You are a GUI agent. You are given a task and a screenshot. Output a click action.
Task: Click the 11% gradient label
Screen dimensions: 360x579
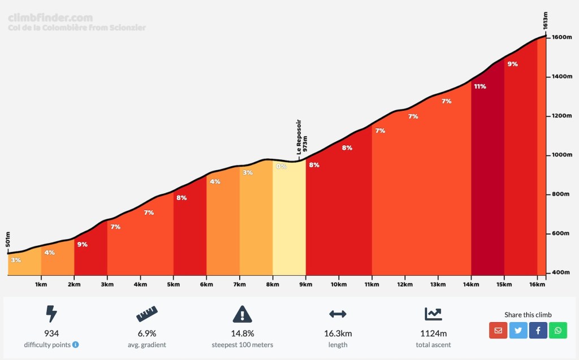coord(480,86)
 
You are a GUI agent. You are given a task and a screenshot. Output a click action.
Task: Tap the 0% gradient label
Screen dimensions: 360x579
coord(281,166)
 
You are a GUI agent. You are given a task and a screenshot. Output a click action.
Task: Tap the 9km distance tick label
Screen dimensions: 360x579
coord(306,284)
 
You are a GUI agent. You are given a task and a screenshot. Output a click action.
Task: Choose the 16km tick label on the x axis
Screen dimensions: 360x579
coord(537,284)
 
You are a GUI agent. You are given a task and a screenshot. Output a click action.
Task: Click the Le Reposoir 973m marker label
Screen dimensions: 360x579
coord(301,137)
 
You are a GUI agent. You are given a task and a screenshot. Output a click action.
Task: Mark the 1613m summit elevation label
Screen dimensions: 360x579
coord(546,20)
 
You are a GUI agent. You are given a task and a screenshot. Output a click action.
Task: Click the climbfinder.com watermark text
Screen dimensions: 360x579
coord(50,18)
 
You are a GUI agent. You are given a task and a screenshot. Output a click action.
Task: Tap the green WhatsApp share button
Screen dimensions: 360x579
coord(558,330)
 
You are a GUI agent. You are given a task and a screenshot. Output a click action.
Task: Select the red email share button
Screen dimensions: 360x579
coord(498,330)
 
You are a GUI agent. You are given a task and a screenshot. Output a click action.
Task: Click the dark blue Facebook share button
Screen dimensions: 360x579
coord(538,330)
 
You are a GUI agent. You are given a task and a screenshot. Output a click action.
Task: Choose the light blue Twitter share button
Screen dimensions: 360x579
coord(518,330)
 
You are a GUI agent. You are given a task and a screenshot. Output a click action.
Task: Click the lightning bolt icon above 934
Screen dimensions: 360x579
coord(51,314)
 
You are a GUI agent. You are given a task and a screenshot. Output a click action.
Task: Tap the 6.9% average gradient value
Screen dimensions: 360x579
coord(146,333)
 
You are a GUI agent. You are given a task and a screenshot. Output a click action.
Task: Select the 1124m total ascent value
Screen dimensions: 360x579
coord(434,333)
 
